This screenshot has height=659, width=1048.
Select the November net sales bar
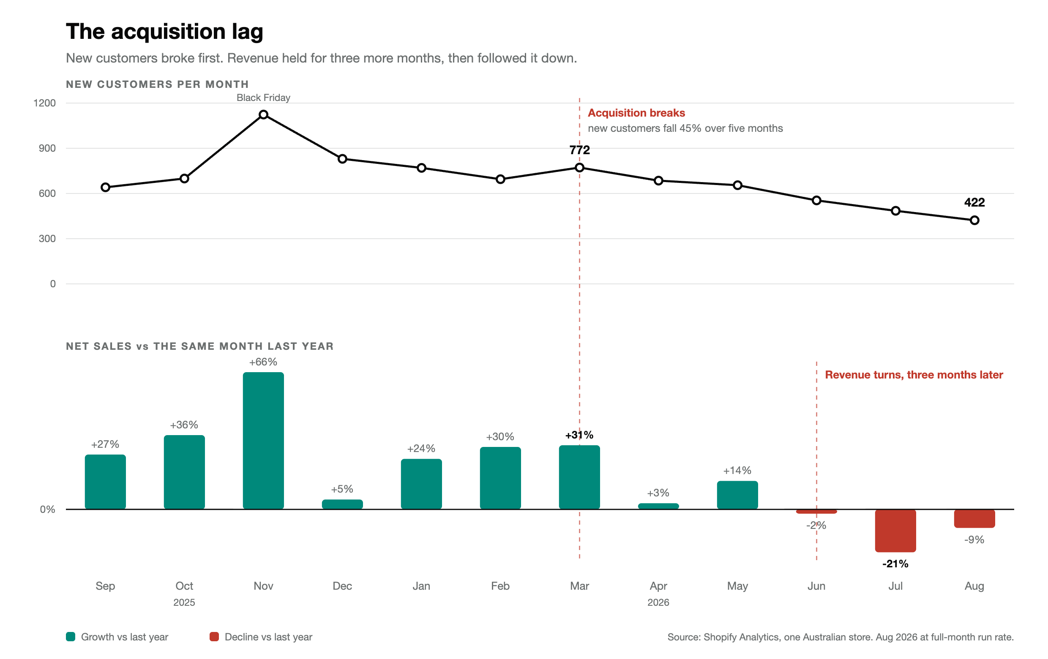coord(263,440)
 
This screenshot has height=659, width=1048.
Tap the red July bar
coord(895,531)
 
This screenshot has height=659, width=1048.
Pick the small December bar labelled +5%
coord(342,504)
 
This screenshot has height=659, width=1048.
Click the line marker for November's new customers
coord(263,115)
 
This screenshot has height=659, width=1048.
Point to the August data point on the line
coord(974,221)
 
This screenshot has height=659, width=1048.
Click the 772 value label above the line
coord(579,150)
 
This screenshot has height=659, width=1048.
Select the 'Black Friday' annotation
coord(263,98)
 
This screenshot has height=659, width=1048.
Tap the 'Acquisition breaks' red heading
coord(636,113)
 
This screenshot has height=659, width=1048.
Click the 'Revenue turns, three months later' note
coord(914,375)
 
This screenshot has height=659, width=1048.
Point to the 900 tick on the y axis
coord(47,148)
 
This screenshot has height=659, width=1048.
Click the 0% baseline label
coord(47,509)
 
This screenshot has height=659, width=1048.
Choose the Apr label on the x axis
coord(658,586)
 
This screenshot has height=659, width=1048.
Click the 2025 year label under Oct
coord(184,602)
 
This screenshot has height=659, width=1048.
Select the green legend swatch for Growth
coord(71,637)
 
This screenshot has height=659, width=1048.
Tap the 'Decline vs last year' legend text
coord(268,637)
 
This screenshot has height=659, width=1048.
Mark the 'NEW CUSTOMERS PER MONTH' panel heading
coord(157,84)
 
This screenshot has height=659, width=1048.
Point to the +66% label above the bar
coord(263,362)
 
